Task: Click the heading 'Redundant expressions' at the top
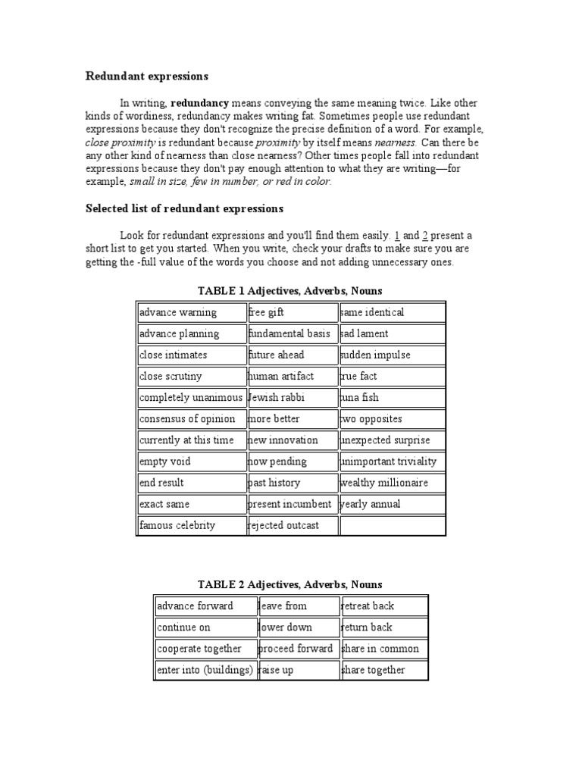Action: (x=146, y=77)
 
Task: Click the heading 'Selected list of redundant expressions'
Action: (x=184, y=208)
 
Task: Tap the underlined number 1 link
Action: (x=396, y=236)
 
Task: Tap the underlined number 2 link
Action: (x=425, y=236)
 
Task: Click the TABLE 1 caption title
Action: (x=290, y=290)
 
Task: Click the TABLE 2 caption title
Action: (x=290, y=584)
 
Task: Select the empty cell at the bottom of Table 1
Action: (x=392, y=525)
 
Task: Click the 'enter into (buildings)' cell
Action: (x=204, y=670)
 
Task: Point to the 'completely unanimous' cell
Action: (x=191, y=397)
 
